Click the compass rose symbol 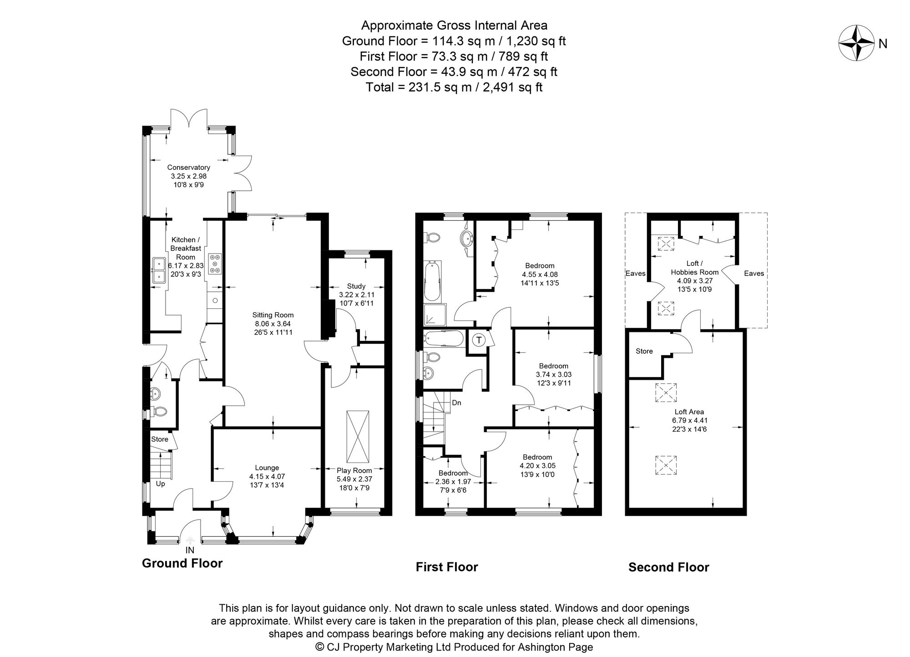[857, 43]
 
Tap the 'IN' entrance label [190, 550]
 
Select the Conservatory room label [188, 167]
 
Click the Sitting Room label [273, 315]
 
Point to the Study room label [356, 286]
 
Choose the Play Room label [354, 470]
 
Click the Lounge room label [267, 468]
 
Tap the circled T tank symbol [478, 340]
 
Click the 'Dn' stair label [456, 403]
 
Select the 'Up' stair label [161, 484]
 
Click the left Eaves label [636, 273]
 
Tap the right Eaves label [754, 273]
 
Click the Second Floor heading [669, 567]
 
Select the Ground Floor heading [182, 563]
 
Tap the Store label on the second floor [644, 351]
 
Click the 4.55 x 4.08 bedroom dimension [540, 275]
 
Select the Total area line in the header [454, 87]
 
